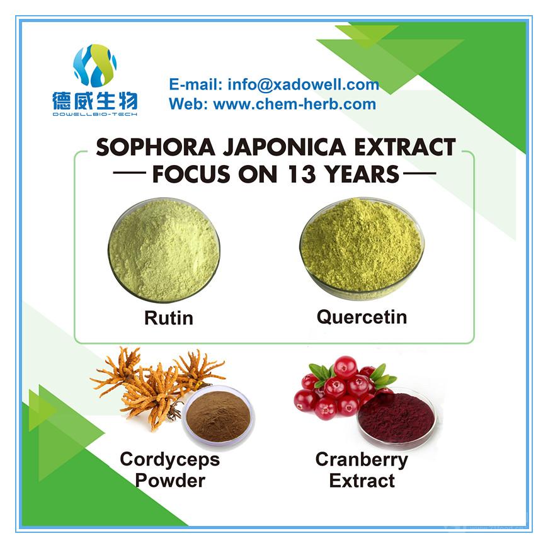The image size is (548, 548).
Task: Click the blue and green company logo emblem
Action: coord(94,66)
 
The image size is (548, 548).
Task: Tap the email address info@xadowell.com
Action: coord(304,84)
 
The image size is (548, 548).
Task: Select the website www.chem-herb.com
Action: coord(295,104)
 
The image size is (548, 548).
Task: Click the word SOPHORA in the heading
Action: coord(156,147)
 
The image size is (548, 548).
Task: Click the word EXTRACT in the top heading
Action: coord(405,147)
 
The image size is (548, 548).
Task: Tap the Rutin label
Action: coord(169,318)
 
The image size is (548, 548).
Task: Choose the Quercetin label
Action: coord(362,317)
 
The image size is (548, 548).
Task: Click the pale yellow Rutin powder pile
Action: coord(164,249)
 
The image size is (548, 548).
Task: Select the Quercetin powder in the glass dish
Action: coord(362,246)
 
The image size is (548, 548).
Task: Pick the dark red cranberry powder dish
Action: coord(396,417)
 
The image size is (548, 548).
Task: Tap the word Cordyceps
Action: coord(170,460)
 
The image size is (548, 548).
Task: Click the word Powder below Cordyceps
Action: coord(170,481)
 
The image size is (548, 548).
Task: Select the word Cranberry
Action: coord(362,460)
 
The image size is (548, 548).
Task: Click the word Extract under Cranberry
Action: coord(362,481)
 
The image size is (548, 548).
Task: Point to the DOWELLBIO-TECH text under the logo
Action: coord(94,114)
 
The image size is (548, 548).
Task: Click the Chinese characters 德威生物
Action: coord(94,101)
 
